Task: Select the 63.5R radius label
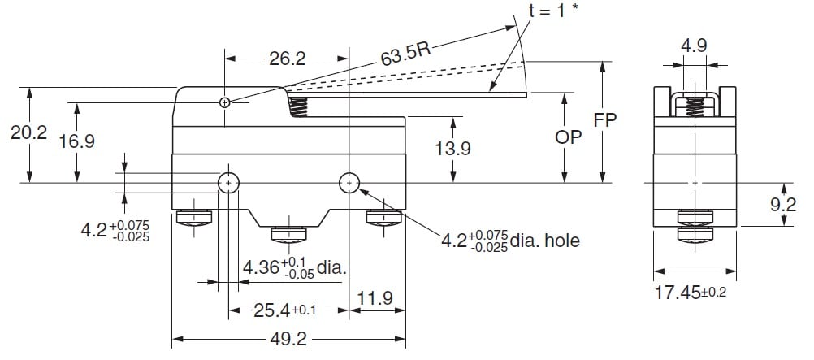[x=404, y=54]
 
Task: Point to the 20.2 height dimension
[x=28, y=133]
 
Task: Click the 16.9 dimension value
[x=77, y=141]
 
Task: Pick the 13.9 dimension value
[x=452, y=149]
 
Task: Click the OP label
[x=569, y=138]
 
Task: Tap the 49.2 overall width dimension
[x=288, y=340]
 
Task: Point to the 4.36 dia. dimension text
[x=293, y=266]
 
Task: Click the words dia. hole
[x=545, y=241]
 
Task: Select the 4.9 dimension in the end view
[x=693, y=46]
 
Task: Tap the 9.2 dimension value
[x=783, y=206]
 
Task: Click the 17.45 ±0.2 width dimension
[x=691, y=291]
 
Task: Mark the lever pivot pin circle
[x=225, y=102]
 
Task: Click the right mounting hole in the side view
[x=349, y=183]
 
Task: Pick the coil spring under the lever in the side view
[x=299, y=105]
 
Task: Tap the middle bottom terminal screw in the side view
[x=288, y=234]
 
